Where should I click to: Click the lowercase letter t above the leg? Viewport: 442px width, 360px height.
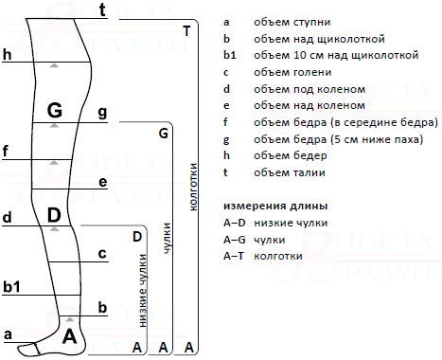click(102, 9)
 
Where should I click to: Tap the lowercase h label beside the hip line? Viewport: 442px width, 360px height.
click(7, 54)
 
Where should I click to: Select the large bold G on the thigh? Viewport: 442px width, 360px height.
click(55, 111)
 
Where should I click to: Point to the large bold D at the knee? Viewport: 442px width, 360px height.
click(54, 215)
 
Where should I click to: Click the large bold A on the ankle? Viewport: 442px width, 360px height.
click(69, 336)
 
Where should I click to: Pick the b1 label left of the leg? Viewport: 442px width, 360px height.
click(11, 287)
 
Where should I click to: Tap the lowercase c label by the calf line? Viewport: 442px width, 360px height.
click(102, 253)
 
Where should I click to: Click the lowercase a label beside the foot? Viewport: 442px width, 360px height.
click(8, 334)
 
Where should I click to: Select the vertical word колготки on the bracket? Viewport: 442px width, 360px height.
click(193, 187)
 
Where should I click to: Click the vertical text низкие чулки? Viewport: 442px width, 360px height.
click(143, 291)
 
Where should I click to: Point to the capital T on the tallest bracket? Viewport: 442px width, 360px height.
click(186, 31)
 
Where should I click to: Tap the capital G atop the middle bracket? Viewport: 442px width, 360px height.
click(164, 134)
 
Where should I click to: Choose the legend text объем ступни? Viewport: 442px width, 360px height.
click(292, 22)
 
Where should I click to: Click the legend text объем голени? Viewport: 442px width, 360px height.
click(292, 72)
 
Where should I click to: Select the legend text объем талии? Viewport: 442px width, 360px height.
click(290, 172)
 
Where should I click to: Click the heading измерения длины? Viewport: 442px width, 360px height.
click(275, 207)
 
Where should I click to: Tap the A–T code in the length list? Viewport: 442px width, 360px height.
click(234, 256)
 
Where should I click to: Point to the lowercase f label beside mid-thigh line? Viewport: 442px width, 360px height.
click(5, 152)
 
